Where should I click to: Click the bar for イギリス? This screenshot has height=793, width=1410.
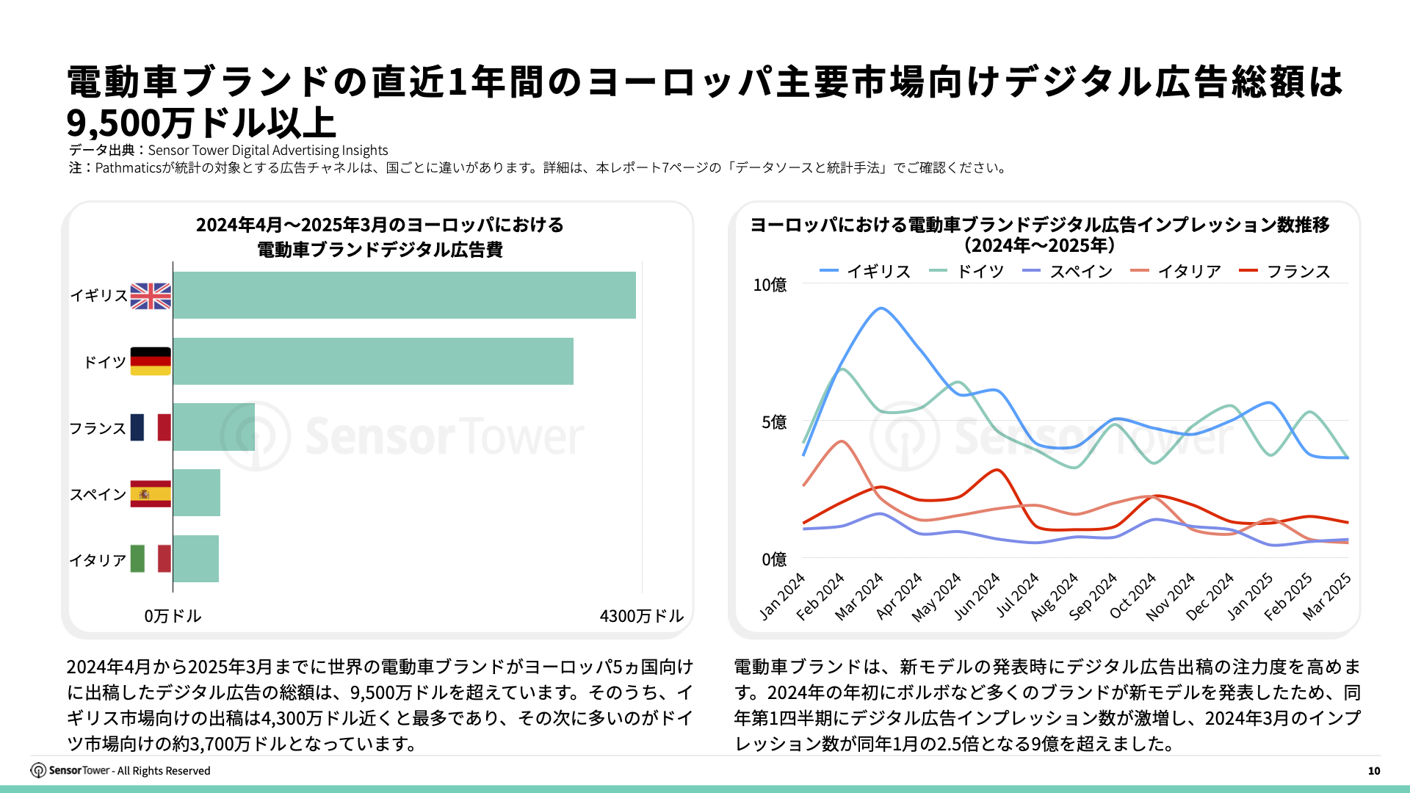[x=404, y=295]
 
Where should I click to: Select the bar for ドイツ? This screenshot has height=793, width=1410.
[x=373, y=361]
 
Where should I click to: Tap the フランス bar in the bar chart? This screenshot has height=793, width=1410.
[x=214, y=427]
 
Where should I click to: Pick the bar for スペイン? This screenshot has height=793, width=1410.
[x=196, y=493]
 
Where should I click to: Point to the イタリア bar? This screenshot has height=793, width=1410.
[x=195, y=559]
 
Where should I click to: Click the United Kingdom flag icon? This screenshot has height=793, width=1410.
[x=151, y=296]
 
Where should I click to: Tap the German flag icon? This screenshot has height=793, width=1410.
[x=151, y=361]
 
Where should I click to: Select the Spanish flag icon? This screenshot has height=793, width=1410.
[x=151, y=493]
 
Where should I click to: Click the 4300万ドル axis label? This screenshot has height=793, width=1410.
[x=641, y=616]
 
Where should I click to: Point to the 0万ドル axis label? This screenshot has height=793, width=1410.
[x=173, y=616]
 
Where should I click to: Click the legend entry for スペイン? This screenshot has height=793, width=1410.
[x=1068, y=272]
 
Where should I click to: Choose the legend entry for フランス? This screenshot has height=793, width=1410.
[x=1285, y=272]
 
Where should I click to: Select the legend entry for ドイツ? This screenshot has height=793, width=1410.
[x=967, y=272]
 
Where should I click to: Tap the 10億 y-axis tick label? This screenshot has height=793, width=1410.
[x=770, y=285]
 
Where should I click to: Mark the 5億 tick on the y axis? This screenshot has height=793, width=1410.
[x=774, y=422]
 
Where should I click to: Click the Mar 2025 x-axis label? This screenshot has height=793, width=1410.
[x=1328, y=597]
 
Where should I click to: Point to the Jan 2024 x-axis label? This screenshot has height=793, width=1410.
[x=783, y=597]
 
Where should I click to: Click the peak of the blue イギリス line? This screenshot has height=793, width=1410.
[x=881, y=308]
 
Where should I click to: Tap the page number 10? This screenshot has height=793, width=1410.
[x=1374, y=771]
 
